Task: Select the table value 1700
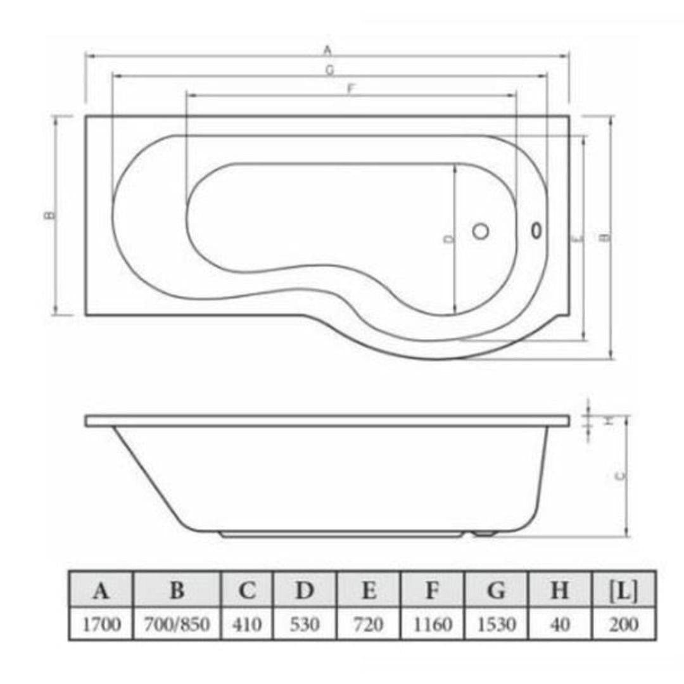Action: pos(100,624)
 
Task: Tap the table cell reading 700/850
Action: pos(177,624)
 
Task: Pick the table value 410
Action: pos(247,624)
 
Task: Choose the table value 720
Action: pos(369,624)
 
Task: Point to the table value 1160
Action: pos(433,624)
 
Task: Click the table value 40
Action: pos(560,624)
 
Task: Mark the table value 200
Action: pos(624,624)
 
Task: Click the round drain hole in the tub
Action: pos(481,232)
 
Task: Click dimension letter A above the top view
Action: pos(327,49)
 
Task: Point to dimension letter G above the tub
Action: pos(329,70)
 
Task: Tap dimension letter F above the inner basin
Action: pos(350,89)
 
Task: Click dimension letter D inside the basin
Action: pos(448,239)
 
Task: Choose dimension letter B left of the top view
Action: pos(49,215)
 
